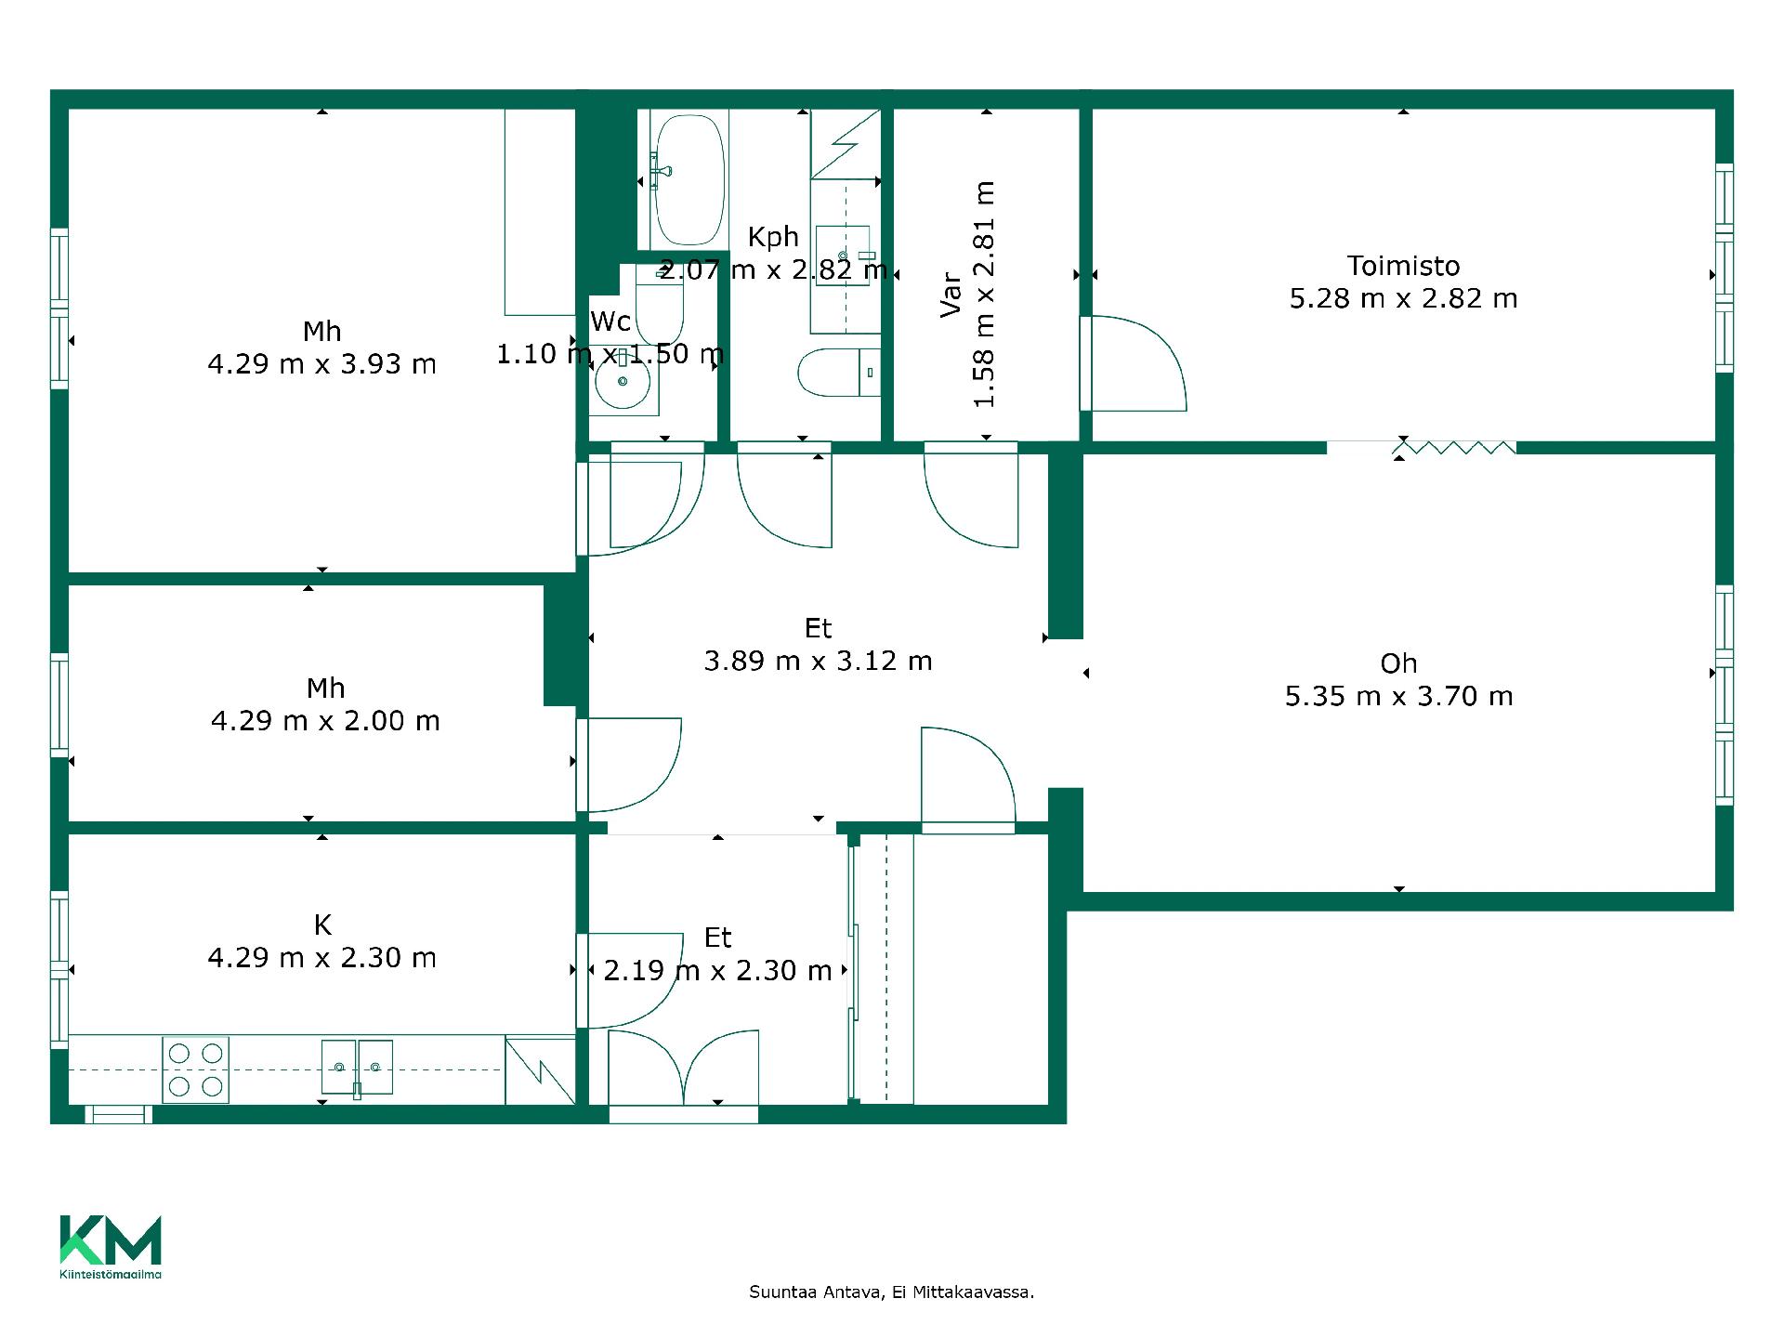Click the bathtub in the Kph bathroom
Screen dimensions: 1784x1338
tap(688, 179)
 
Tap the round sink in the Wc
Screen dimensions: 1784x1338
tap(622, 381)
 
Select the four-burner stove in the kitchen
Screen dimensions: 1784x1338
tap(195, 1069)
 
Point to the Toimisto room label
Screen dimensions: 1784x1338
tap(1403, 266)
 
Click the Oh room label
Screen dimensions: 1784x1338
tap(1398, 663)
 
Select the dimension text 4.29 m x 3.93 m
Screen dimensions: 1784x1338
tap(321, 363)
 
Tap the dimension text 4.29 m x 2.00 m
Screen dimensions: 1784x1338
tap(325, 720)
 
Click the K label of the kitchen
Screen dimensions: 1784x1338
tap(322, 925)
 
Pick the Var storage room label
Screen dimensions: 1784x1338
tap(951, 294)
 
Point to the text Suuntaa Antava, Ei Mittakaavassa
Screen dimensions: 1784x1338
tap(891, 1292)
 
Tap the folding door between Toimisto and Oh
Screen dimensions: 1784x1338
tap(1454, 448)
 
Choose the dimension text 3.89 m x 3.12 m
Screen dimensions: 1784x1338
tap(818, 661)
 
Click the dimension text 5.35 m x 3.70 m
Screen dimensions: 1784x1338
tap(1398, 696)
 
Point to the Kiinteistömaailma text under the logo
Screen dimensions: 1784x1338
tap(111, 1275)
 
